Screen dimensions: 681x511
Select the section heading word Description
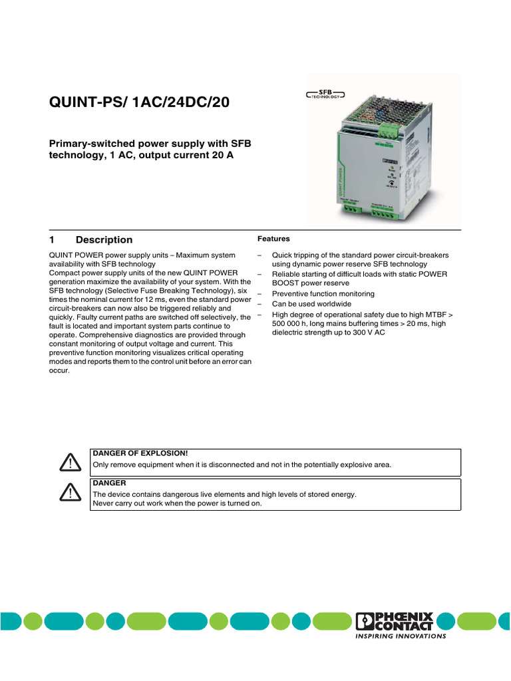point(104,240)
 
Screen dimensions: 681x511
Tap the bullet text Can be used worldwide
point(309,304)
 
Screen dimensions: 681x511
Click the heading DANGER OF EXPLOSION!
point(140,453)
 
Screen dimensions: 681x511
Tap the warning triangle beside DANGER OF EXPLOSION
point(69,463)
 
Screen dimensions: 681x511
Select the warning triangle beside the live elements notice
point(69,492)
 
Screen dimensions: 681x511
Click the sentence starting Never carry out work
point(177,503)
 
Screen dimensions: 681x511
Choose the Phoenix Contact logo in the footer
point(395,621)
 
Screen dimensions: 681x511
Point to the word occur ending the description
point(59,372)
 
